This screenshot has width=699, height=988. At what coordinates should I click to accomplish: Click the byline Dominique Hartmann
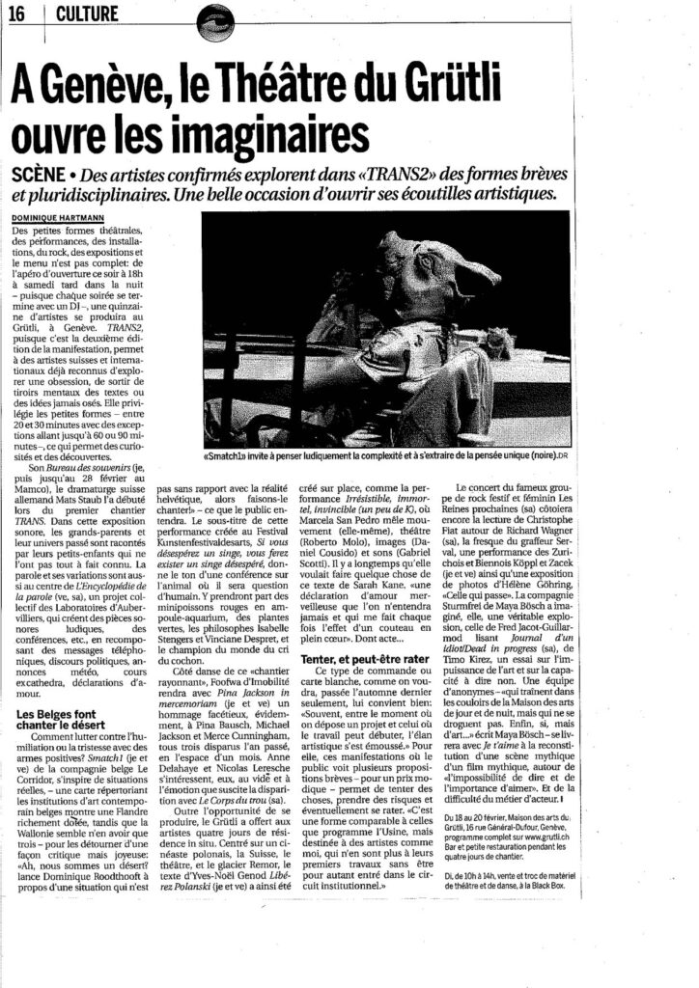58,218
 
